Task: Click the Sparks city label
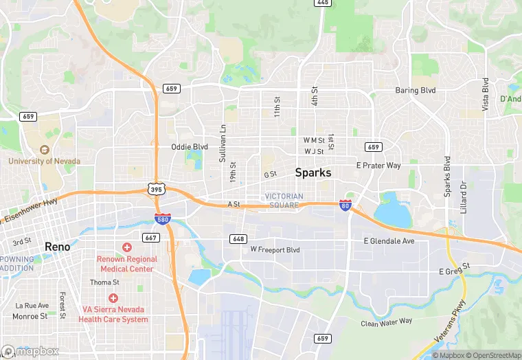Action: coord(313,173)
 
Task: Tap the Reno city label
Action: coord(57,246)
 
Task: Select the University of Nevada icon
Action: coord(45,150)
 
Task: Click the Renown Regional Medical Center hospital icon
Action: coord(126,247)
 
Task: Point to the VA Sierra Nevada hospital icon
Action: coord(113,298)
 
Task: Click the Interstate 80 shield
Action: coord(345,205)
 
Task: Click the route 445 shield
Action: coord(322,3)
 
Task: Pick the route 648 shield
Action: coord(238,238)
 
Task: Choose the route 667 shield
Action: coord(152,238)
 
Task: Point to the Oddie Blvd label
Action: coord(189,147)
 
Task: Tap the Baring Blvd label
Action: coord(415,91)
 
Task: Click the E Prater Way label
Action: coord(378,166)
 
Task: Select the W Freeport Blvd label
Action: coord(275,249)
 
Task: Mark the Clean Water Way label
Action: coord(387,322)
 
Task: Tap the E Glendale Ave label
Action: coord(389,241)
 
